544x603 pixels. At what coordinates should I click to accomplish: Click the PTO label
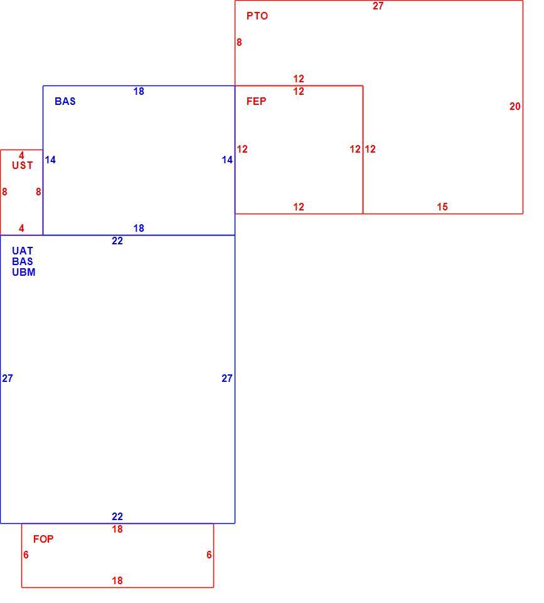pos(257,16)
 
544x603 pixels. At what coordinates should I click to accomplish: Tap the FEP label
pos(256,102)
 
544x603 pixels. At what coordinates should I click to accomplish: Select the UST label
pos(23,166)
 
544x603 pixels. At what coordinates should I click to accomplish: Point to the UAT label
pos(23,251)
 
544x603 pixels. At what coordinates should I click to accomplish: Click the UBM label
pos(23,272)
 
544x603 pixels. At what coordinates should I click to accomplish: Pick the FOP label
pos(43,539)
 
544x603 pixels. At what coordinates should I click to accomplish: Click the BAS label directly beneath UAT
pos(23,261)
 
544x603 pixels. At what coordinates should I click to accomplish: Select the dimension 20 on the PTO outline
pos(515,107)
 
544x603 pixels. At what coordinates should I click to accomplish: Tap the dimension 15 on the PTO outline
pos(442,207)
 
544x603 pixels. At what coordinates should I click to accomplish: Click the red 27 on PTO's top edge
pos(378,6)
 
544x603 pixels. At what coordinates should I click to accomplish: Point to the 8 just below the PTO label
pos(239,42)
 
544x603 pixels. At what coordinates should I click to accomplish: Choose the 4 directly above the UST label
pos(21,155)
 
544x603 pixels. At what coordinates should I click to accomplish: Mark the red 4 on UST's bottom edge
pos(21,229)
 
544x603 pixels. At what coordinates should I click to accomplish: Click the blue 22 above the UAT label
pos(117,241)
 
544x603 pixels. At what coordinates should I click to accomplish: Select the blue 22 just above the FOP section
pos(117,516)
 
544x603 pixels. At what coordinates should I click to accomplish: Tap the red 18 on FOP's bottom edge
pos(117,580)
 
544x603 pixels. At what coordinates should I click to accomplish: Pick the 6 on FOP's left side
pos(26,555)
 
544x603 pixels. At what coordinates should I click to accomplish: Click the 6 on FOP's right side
pos(209,555)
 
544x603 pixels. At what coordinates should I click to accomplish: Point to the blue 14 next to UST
pos(50,160)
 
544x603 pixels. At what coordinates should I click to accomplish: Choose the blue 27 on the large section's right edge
pos(227,379)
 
